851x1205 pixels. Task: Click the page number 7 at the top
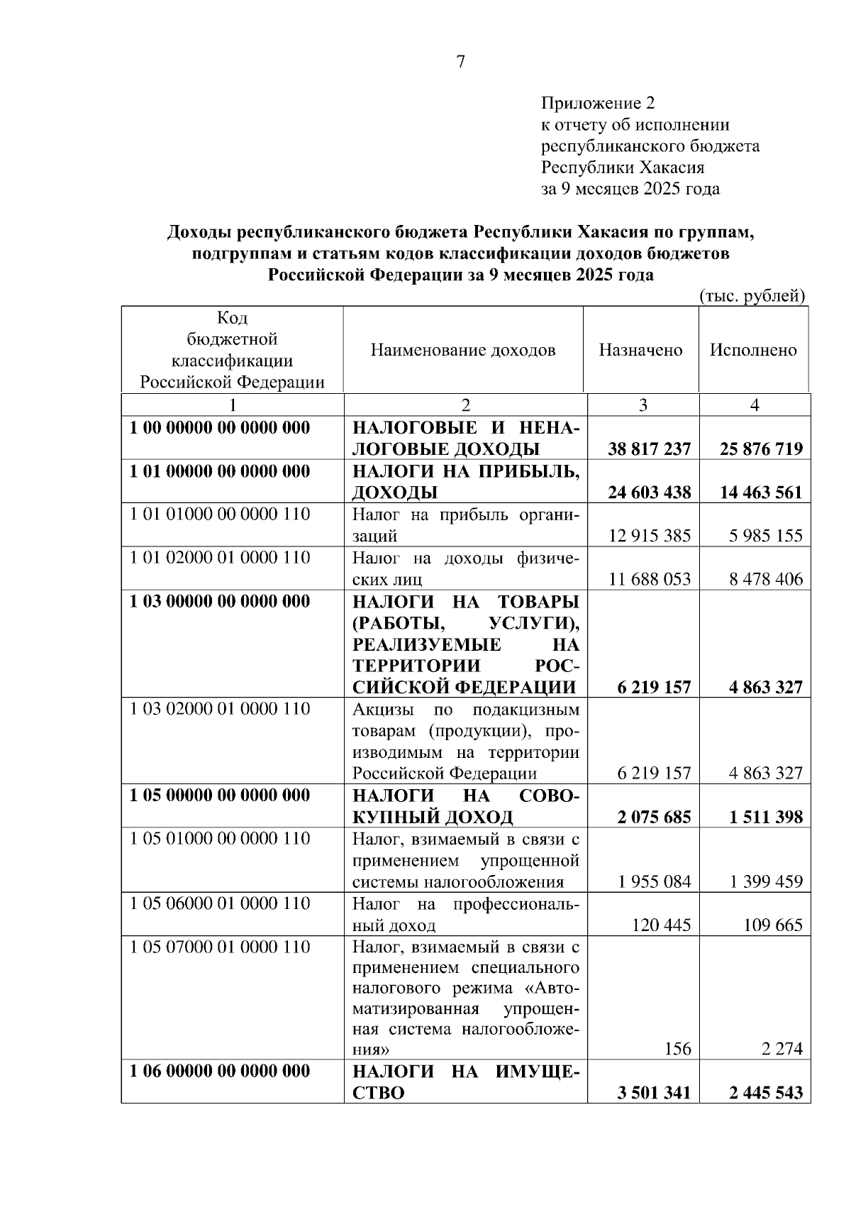coord(460,62)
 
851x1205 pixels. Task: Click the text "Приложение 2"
coord(598,104)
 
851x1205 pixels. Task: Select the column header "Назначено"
coord(640,350)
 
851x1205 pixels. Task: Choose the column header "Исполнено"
coord(753,350)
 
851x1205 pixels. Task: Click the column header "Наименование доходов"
coord(463,350)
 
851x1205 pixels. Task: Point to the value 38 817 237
coord(649,449)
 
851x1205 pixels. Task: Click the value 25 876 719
coord(761,449)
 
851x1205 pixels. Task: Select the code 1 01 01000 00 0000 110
coord(220,515)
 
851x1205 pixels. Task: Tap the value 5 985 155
coord(765,536)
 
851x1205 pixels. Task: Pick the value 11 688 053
coord(650,579)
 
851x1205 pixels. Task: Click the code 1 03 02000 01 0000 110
coord(220,709)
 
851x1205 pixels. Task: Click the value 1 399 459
coord(765,882)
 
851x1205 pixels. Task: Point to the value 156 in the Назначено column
coord(677,1049)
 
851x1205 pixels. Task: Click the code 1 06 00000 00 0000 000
coord(220,1071)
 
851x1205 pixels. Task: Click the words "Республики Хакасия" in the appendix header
coord(623,167)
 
